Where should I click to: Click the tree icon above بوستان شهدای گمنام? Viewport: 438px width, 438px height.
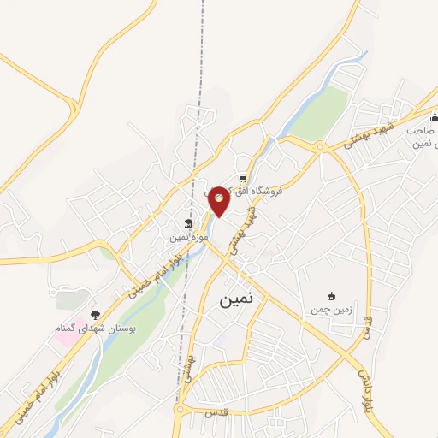95,314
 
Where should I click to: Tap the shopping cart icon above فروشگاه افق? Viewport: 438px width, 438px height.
243,179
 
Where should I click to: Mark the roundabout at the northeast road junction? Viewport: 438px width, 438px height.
320,147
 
